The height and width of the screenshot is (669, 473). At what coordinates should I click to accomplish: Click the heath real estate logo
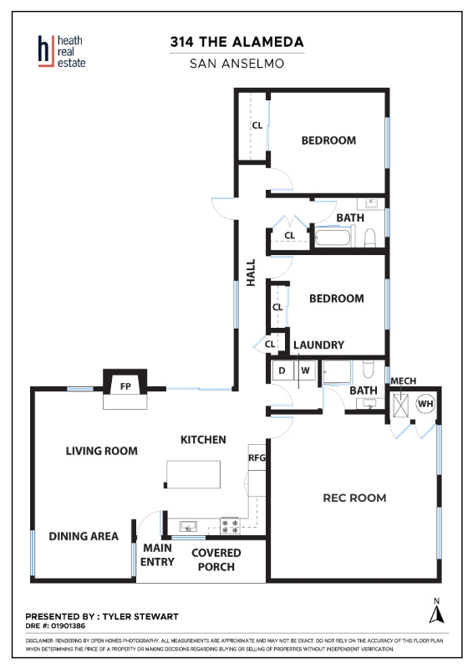62,51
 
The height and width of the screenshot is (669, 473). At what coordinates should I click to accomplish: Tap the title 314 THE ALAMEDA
237,42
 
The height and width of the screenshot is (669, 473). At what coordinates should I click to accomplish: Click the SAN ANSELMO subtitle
237,64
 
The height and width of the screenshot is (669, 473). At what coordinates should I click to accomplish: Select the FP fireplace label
125,386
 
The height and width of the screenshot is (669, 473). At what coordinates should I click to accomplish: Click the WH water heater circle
425,403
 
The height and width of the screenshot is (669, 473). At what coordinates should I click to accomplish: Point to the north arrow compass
436,611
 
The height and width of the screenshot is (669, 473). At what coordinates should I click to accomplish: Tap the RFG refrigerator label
257,457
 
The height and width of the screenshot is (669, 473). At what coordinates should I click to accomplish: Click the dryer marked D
282,370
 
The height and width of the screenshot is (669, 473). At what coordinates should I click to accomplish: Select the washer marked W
305,370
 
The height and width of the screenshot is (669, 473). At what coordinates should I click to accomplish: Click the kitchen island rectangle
193,474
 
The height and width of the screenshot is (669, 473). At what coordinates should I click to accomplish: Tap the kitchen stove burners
230,526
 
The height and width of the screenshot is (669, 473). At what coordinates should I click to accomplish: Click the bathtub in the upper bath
333,237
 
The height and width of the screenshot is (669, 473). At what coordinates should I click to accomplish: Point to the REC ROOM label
354,498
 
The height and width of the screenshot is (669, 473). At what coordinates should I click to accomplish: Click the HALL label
251,273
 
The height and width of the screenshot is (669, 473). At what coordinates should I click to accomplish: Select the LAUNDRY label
318,345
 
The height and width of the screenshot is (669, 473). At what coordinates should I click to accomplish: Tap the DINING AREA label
84,536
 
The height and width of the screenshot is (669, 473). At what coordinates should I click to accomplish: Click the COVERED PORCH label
216,559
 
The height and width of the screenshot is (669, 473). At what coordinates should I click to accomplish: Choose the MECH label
403,380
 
